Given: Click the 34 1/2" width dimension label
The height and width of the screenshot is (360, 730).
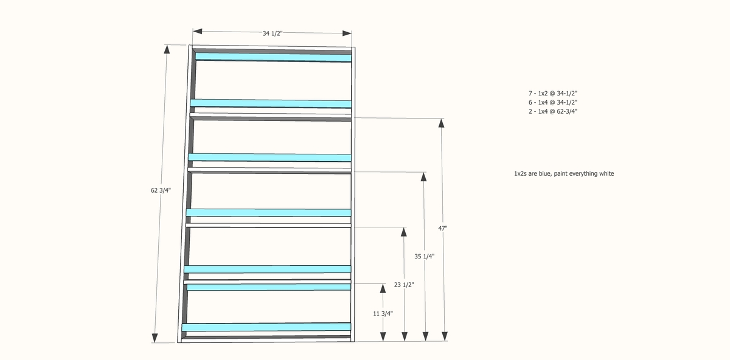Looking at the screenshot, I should point(273,33).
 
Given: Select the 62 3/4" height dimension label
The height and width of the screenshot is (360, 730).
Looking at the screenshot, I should point(161,190).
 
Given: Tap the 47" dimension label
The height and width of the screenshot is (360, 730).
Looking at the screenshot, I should point(443,228).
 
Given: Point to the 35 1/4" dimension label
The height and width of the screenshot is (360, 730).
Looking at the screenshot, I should point(424,257).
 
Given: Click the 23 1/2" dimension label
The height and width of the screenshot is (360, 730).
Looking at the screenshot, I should point(404,285).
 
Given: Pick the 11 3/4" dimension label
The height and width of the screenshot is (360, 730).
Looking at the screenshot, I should point(383,313).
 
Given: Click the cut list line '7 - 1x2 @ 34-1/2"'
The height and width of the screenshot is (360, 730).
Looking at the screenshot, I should point(552,93).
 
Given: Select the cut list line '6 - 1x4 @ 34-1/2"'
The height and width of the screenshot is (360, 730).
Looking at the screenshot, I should point(552,102).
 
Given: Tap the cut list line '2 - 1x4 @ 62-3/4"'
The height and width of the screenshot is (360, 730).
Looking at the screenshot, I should point(552,111).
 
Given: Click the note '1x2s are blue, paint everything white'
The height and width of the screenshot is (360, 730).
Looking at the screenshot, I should point(564,173).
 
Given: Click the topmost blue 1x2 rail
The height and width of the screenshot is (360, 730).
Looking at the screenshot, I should point(273,57).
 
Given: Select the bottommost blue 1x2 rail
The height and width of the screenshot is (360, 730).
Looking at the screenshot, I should point(266,327).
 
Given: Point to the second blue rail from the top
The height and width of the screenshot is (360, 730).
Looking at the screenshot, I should point(271,103).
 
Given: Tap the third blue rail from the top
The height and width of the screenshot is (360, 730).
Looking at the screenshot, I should point(270,157).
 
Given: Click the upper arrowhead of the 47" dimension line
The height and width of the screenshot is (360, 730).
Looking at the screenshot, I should point(442,123).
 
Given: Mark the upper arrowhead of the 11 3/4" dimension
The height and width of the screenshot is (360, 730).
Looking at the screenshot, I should point(383,288).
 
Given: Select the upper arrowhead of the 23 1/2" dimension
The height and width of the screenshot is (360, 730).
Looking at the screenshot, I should point(403,232).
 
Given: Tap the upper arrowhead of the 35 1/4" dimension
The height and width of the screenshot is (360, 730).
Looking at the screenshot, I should point(423,177).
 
